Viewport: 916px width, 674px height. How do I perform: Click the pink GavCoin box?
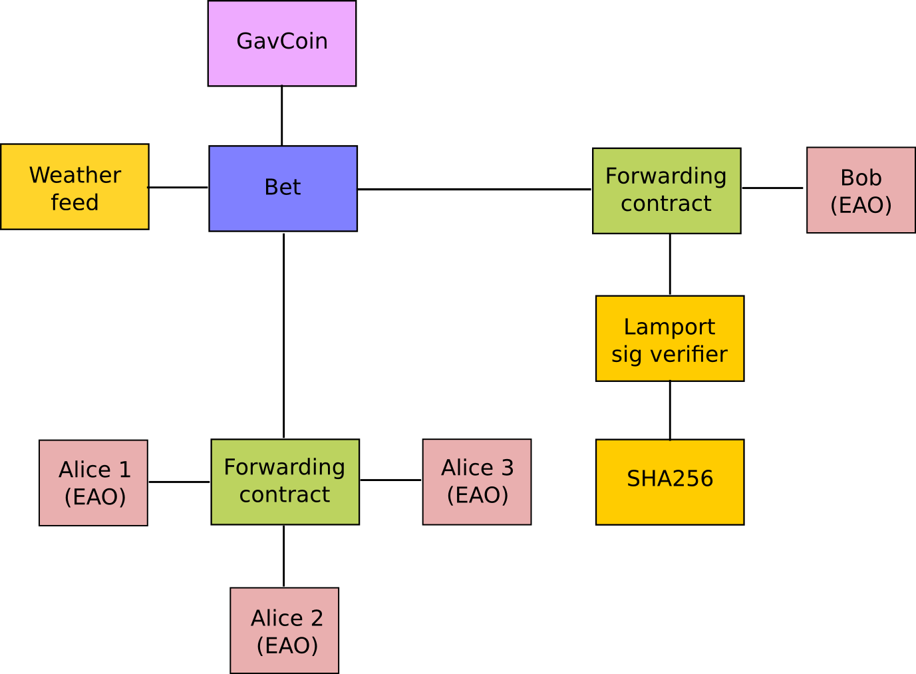(x=282, y=43)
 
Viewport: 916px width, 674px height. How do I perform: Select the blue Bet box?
(x=283, y=188)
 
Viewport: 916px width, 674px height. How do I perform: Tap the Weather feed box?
(x=75, y=186)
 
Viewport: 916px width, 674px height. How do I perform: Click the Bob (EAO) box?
(x=861, y=190)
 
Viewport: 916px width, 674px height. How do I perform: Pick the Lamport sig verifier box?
(x=670, y=339)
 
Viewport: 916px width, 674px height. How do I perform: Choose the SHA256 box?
(x=670, y=482)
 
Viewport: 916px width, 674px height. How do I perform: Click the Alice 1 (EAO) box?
(x=93, y=483)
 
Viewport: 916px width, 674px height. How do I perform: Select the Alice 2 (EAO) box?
(x=284, y=631)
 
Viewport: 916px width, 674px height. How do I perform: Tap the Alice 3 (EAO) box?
(x=477, y=482)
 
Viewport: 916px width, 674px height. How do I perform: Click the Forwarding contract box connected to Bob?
(x=667, y=191)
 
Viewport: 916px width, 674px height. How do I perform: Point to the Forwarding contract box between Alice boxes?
(x=285, y=482)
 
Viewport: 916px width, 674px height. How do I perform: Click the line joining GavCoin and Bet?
(x=282, y=115)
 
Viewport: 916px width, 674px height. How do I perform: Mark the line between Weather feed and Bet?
(x=178, y=188)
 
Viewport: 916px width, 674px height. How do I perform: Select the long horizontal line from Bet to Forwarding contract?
(x=474, y=190)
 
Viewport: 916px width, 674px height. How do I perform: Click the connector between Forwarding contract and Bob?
(x=772, y=188)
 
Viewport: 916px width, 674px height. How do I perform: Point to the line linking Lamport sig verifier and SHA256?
(x=670, y=411)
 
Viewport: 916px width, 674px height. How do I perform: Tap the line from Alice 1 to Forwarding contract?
(x=179, y=482)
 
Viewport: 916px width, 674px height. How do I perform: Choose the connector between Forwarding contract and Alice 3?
(x=390, y=480)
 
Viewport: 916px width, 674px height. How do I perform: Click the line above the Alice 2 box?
(x=283, y=556)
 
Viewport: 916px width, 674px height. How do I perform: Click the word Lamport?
(x=669, y=328)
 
